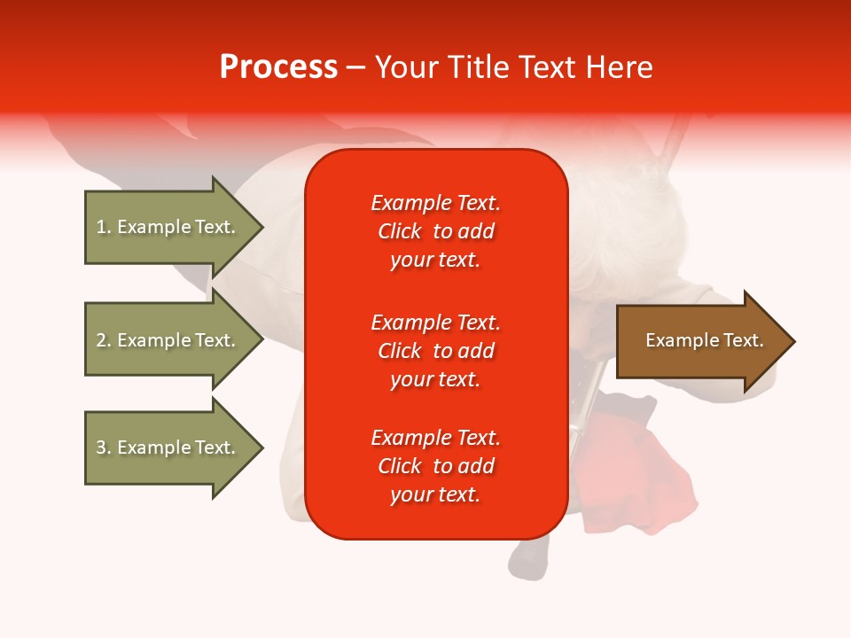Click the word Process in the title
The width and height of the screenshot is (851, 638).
click(x=278, y=67)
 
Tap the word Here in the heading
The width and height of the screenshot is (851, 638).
click(x=618, y=67)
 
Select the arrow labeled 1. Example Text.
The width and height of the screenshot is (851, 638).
click(x=168, y=227)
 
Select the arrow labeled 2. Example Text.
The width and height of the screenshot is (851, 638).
click(x=168, y=340)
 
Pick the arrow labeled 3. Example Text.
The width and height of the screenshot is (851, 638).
click(x=168, y=447)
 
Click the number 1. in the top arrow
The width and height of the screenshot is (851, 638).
click(x=103, y=227)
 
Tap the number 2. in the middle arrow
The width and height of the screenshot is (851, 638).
click(x=103, y=340)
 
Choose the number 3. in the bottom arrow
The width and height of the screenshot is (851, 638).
click(x=103, y=447)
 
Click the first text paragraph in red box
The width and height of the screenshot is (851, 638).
click(x=435, y=231)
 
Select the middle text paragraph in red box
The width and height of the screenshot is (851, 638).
click(x=435, y=351)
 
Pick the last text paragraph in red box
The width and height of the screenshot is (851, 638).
click(x=435, y=466)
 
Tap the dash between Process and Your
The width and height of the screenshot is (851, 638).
click(x=355, y=67)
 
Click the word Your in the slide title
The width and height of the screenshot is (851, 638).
click(x=406, y=67)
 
